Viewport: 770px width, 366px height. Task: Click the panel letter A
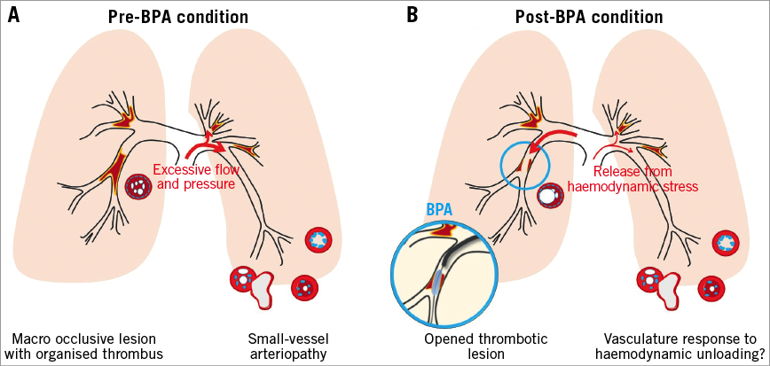[x=15, y=15]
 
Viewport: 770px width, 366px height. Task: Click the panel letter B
[x=412, y=15]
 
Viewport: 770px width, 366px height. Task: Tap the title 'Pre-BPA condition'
[x=178, y=17]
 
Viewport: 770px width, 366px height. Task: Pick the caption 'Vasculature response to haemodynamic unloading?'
[x=679, y=347]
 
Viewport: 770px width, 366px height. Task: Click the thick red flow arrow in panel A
[x=200, y=146]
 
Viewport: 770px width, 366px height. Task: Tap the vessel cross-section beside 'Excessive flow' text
[x=139, y=186]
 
